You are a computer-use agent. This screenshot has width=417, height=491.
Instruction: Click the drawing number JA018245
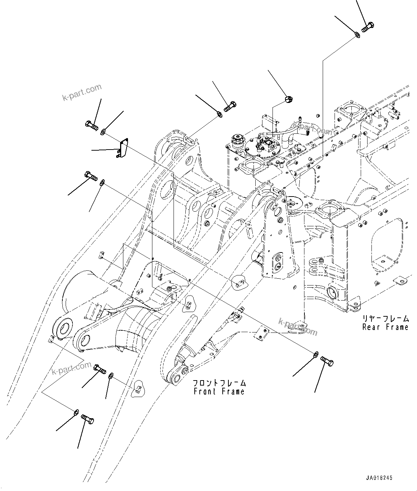[x=379, y=478]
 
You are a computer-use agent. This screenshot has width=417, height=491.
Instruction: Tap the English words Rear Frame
[x=385, y=327]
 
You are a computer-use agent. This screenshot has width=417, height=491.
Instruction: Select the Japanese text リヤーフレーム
[x=385, y=318]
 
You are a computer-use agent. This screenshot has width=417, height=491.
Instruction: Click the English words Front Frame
[x=219, y=391]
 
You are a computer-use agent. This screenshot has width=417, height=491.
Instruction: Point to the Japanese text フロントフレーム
[x=219, y=383]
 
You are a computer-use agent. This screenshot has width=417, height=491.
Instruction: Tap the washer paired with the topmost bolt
[x=357, y=34]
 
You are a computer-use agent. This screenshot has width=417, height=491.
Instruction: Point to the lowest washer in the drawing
[x=76, y=412]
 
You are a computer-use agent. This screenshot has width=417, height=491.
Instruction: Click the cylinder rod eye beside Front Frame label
[x=176, y=378]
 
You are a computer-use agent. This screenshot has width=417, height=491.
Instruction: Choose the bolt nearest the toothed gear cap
[x=230, y=106]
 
